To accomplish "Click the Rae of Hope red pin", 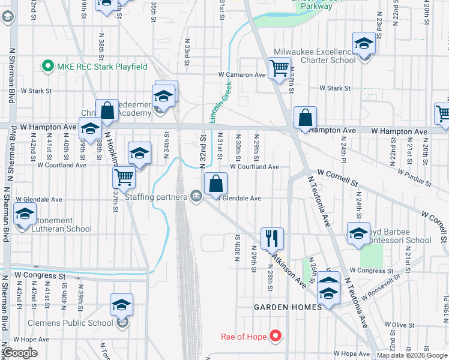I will click(276, 336).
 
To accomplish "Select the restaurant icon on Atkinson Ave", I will click(272, 238).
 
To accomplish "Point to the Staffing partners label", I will click(155, 196).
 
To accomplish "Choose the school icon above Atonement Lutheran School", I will click(25, 213).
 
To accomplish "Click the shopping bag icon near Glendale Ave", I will click(216, 184).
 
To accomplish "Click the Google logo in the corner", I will click(20, 353).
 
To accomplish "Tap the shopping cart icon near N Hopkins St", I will click(124, 177).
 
